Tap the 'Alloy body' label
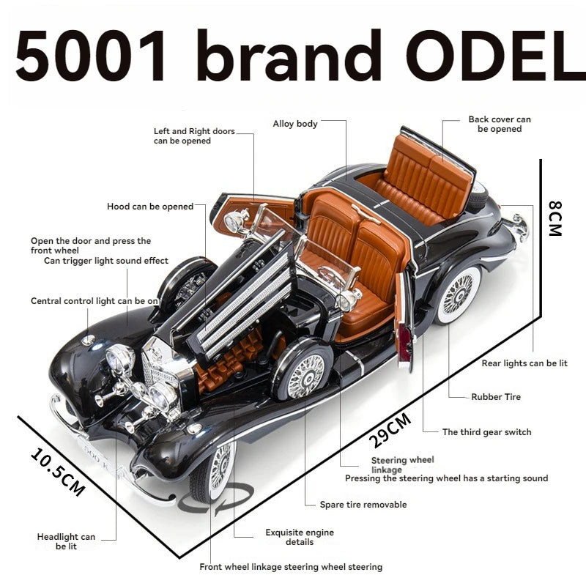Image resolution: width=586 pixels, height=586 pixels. pyautogui.click(x=295, y=124)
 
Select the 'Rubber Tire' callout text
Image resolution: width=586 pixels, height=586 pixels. pyautogui.click(x=496, y=397)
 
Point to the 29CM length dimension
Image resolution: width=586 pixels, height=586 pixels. pyautogui.click(x=390, y=430)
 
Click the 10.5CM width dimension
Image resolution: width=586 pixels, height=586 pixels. pyautogui.click(x=58, y=472)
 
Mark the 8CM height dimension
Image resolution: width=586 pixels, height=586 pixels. pyautogui.click(x=555, y=218)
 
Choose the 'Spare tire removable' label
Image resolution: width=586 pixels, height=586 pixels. pyautogui.click(x=363, y=505)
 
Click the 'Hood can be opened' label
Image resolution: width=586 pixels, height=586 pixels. pyautogui.click(x=150, y=207)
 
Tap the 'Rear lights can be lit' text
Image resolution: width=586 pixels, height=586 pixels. pyautogui.click(x=524, y=363)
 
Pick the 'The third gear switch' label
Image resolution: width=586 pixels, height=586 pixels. pyautogui.click(x=486, y=432)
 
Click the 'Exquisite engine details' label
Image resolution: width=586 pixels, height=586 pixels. pyautogui.click(x=300, y=537)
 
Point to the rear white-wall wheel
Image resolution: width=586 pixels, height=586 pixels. pyautogui.click(x=459, y=294)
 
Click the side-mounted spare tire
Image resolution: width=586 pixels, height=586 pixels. pyautogui.click(x=303, y=374)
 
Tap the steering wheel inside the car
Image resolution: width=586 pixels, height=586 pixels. pyautogui.click(x=331, y=277)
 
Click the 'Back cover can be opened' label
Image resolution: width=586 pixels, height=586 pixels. pyautogui.click(x=500, y=124)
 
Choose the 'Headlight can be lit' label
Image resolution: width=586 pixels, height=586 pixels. pyautogui.click(x=66, y=541)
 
